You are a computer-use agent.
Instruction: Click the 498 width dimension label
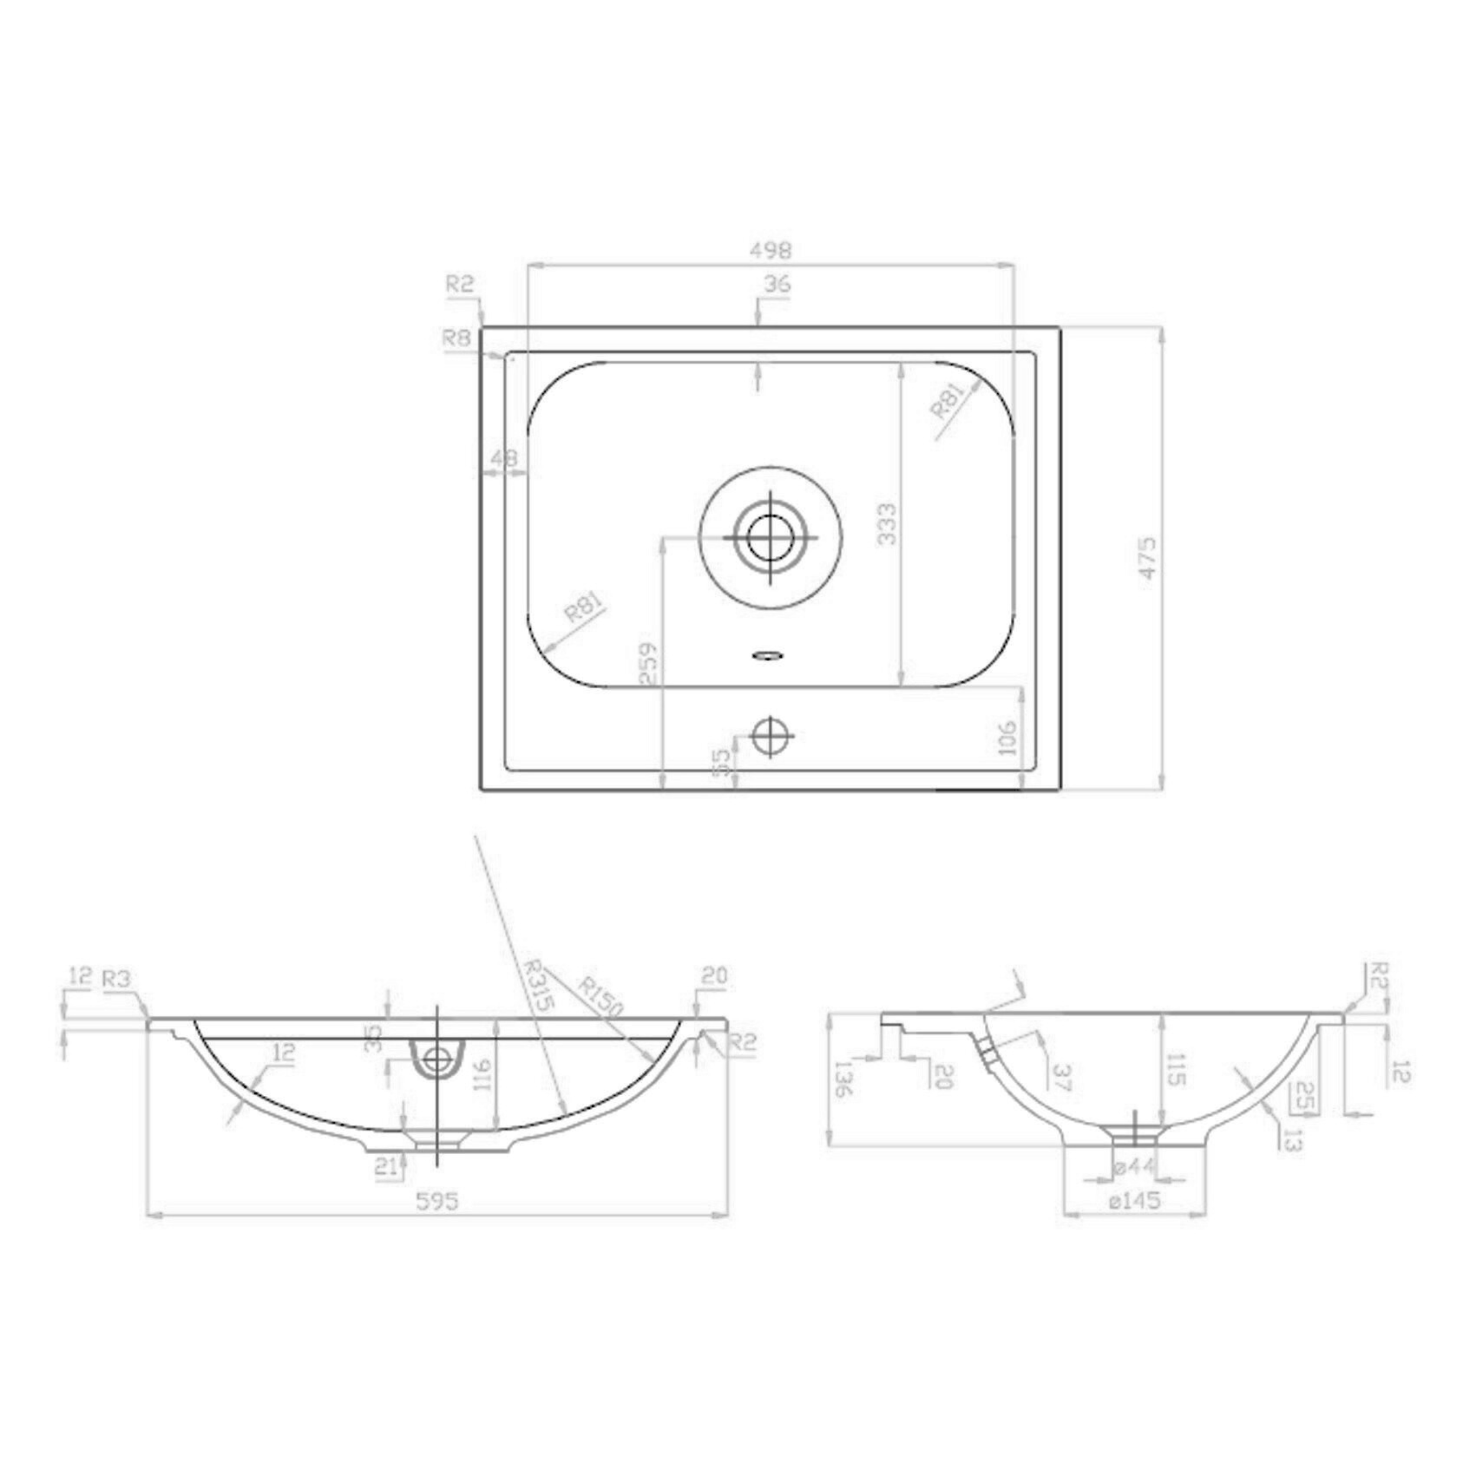(772, 250)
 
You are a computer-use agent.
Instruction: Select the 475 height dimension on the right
(1149, 559)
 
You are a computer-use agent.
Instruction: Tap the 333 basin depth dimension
(887, 523)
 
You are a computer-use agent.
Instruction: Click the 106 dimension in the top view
(1008, 737)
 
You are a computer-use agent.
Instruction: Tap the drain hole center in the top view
(771, 538)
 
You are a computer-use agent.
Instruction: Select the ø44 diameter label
(1133, 1167)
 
